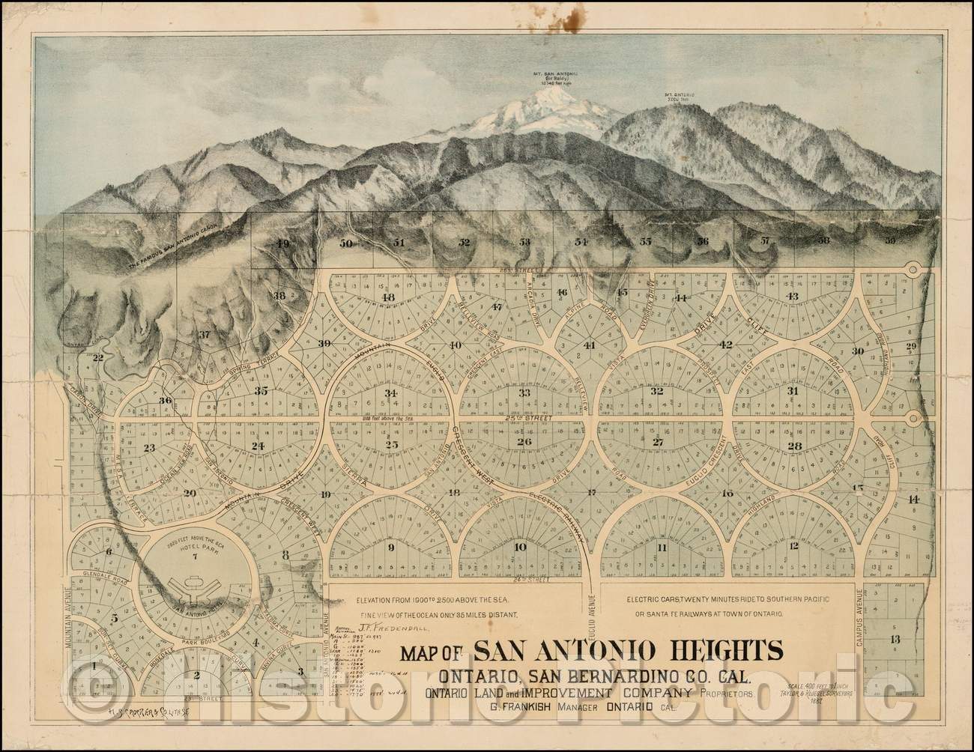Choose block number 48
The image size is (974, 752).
tap(388, 298)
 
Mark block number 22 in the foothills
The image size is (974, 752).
tap(97, 357)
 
